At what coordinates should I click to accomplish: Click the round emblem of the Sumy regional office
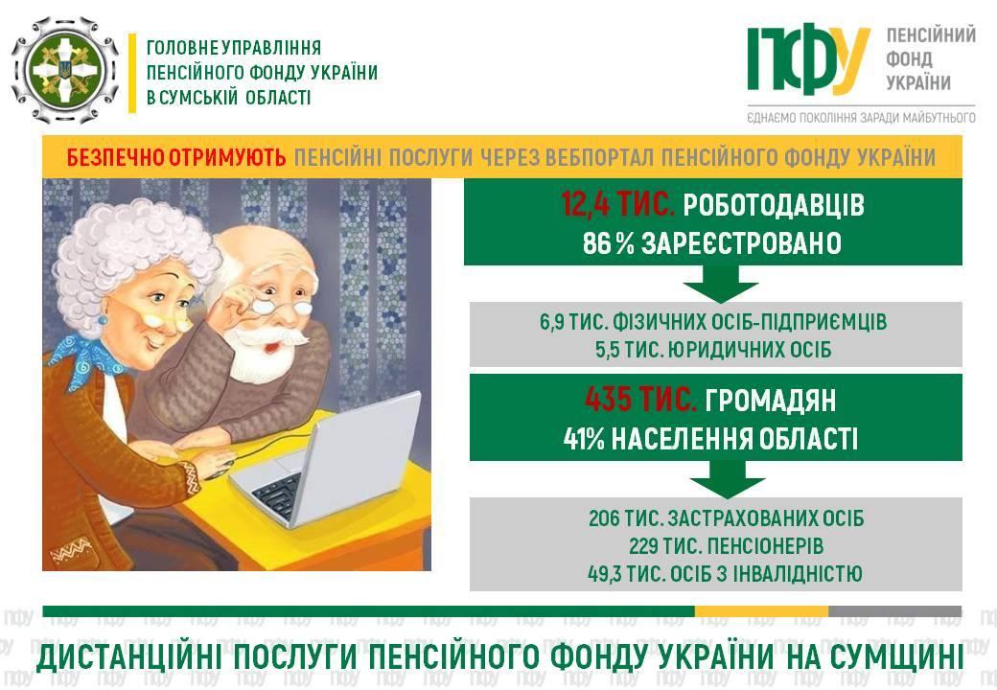pos(65,71)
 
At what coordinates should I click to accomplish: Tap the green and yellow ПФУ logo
pos(808,59)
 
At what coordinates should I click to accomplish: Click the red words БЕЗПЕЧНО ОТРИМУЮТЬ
pos(176,157)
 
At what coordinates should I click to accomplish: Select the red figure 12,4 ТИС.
pos(616,204)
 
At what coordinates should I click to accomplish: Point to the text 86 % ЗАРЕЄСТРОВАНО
pos(712,243)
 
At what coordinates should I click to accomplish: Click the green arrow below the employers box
pos(720,284)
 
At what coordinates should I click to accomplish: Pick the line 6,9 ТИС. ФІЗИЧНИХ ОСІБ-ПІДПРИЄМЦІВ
pos(713,321)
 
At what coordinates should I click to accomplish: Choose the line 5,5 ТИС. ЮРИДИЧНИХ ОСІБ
pos(713,350)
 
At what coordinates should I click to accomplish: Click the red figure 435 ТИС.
pos(639,400)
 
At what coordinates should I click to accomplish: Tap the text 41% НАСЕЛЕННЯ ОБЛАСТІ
pos(711,438)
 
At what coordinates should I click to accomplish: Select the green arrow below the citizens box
pos(727,479)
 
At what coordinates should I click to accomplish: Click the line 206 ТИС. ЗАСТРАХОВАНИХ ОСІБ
pos(726,518)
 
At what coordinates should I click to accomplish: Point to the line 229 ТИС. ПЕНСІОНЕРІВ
pos(726,546)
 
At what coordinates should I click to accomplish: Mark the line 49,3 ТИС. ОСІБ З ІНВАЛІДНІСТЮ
pos(725,574)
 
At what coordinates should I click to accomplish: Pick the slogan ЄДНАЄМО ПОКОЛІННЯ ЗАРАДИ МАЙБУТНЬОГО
pos(861,118)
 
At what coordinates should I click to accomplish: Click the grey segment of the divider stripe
pos(894,611)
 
